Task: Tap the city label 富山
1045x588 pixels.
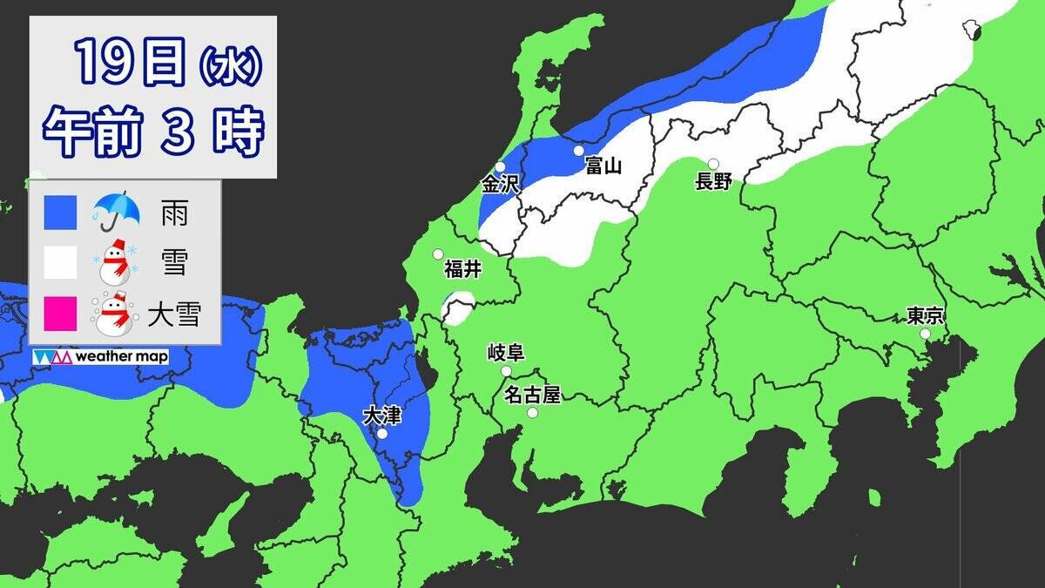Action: click(603, 166)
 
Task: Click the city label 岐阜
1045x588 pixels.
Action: click(505, 353)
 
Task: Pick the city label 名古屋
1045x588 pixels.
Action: click(532, 395)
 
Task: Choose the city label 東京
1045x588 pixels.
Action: click(925, 316)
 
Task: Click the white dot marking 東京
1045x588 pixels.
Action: click(925, 334)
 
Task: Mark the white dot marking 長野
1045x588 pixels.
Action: click(713, 164)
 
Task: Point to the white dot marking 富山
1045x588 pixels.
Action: click(579, 151)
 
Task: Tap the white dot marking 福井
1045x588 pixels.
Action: click(439, 254)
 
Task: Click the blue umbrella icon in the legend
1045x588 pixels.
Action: click(117, 211)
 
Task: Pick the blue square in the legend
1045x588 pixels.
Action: click(61, 212)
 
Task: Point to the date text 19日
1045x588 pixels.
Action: click(128, 62)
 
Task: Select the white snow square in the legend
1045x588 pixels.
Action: click(61, 262)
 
